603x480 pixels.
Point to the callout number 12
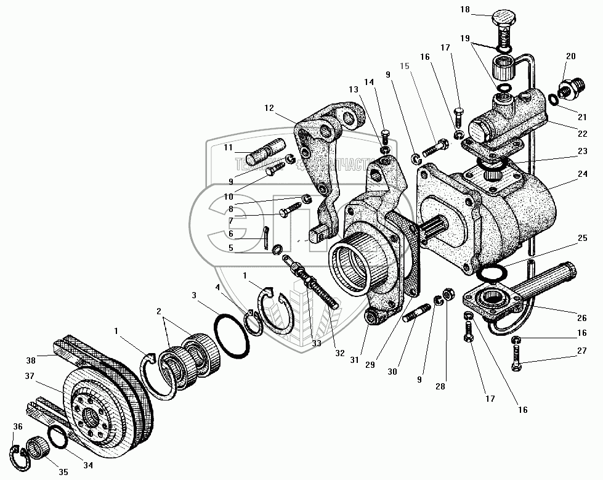click(269, 108)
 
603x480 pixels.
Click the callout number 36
click(18, 426)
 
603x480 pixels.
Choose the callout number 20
click(570, 56)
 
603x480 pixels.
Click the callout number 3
click(194, 296)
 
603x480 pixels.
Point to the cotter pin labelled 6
click(267, 238)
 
